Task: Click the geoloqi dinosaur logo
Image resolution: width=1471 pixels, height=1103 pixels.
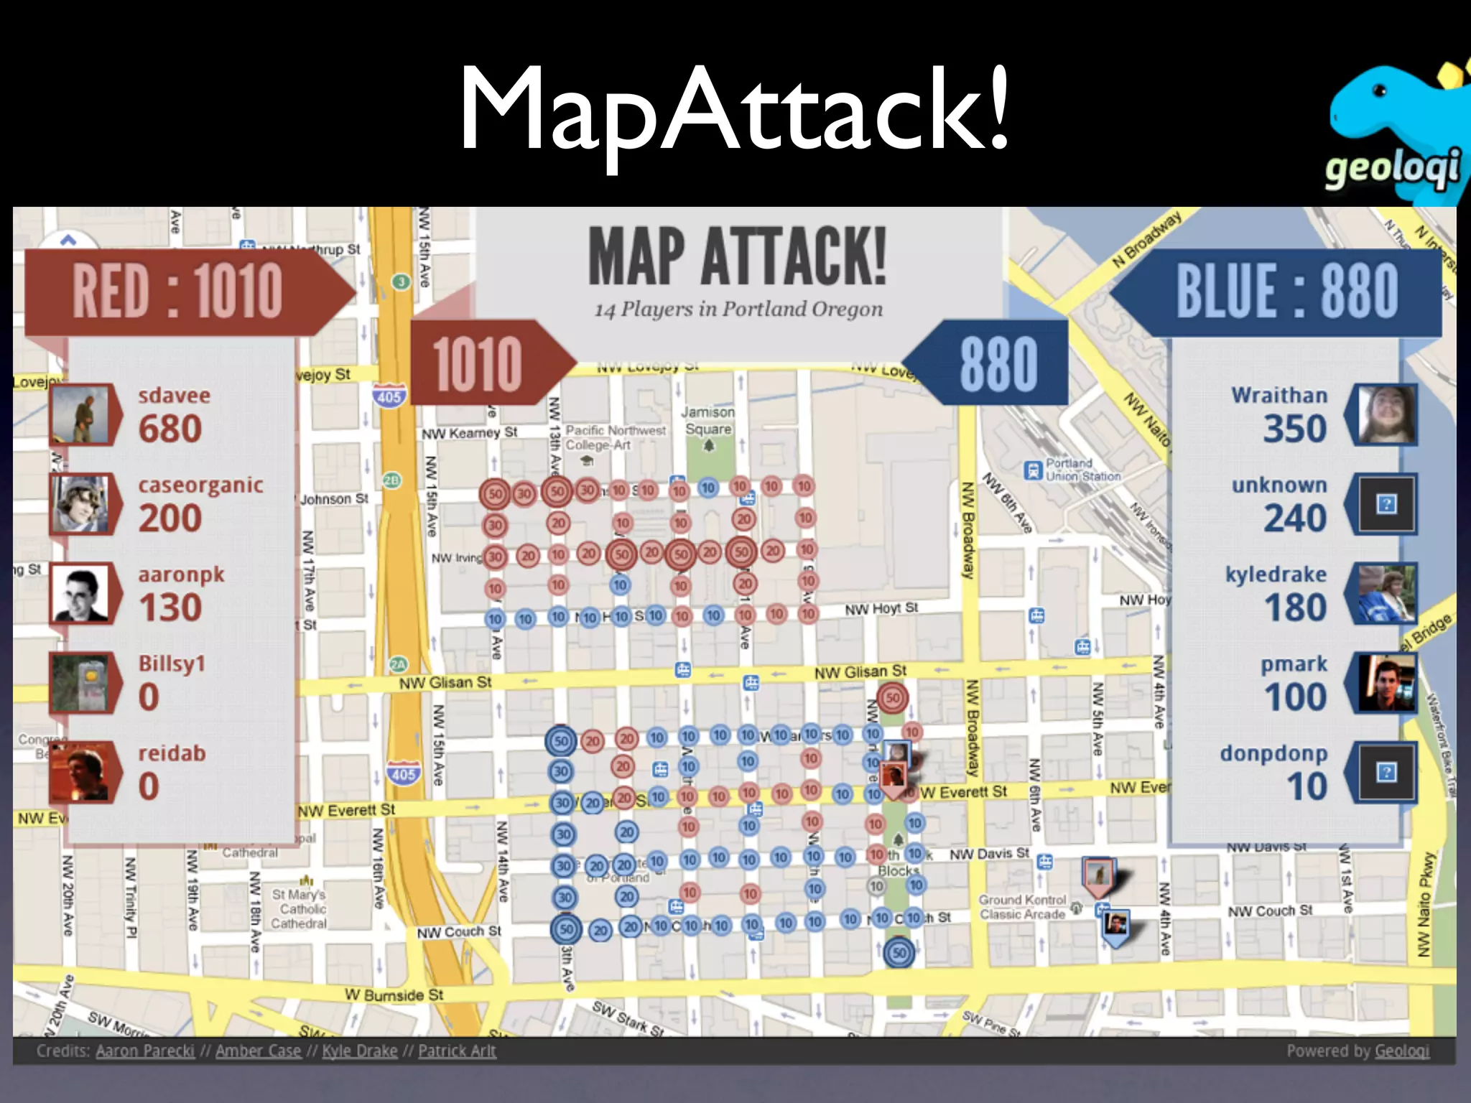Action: (x=1393, y=129)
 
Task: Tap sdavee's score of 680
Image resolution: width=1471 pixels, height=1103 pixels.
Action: (x=170, y=429)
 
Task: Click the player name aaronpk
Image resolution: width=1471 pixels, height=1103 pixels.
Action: (x=181, y=574)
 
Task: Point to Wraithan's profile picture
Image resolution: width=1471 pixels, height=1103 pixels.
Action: (x=1386, y=414)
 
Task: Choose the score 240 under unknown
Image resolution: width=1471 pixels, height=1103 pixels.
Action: (x=1294, y=518)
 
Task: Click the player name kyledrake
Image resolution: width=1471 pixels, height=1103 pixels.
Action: (x=1276, y=574)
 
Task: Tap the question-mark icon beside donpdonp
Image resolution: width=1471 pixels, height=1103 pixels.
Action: (x=1386, y=772)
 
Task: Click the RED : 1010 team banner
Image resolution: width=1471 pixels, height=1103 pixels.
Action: (x=178, y=291)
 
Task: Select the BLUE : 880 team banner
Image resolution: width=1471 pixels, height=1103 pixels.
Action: (x=1286, y=291)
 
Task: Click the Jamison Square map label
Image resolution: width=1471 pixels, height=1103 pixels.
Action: (x=708, y=421)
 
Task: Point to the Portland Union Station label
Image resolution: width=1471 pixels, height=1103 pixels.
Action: (x=1082, y=470)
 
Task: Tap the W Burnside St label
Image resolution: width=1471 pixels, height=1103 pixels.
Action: (x=394, y=995)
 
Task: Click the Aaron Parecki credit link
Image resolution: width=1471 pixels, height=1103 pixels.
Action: (x=145, y=1051)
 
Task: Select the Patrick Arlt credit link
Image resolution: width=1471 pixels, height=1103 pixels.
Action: (x=457, y=1051)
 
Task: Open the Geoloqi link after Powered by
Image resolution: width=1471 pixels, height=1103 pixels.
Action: (x=1401, y=1051)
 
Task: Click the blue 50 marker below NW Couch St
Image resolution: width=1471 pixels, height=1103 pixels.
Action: (x=899, y=954)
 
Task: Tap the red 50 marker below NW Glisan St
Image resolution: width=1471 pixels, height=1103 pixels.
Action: (x=892, y=697)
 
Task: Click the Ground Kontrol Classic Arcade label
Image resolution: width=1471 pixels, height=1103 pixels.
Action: (x=1022, y=907)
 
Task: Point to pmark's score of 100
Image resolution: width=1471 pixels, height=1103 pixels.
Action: (x=1295, y=697)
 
